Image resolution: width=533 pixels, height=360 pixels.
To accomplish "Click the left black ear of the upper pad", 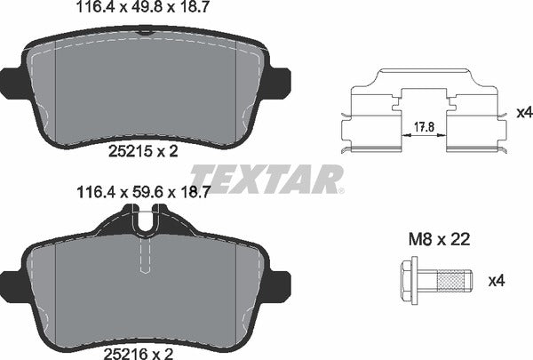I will [12, 81].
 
